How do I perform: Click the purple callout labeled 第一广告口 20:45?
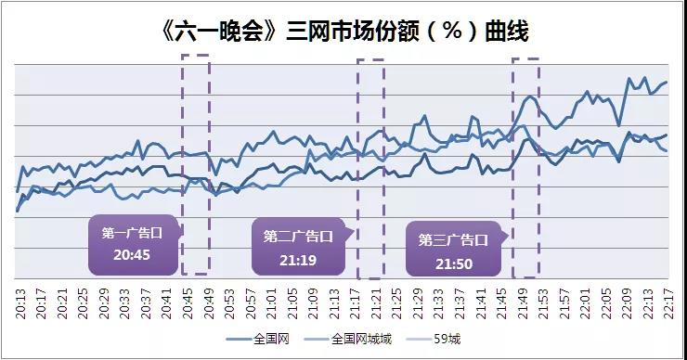pyautogui.click(x=132, y=245)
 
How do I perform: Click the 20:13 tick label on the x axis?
pyautogui.click(x=21, y=303)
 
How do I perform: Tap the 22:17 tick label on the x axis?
pyautogui.click(x=667, y=303)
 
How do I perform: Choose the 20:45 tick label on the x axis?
pyautogui.click(x=185, y=303)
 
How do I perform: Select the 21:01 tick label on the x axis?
pyautogui.click(x=266, y=303)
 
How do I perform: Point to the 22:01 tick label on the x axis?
pyautogui.click(x=585, y=303)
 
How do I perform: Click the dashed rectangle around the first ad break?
pyautogui.click(x=195, y=164)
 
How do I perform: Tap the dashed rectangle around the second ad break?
pyautogui.click(x=370, y=168)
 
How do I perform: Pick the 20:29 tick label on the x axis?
pyautogui.click(x=103, y=303)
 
